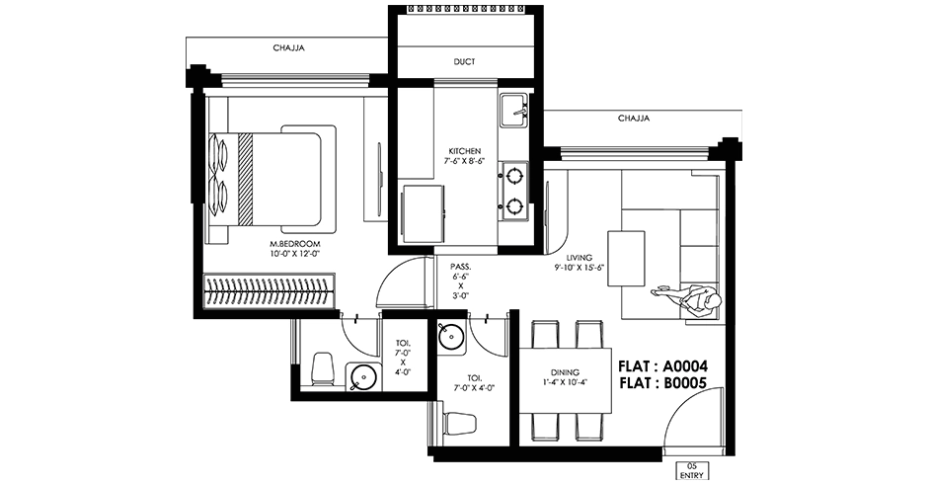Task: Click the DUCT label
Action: coord(465,61)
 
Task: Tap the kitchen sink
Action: coord(513,111)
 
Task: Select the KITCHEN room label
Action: coord(465,152)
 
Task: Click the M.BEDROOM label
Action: coord(295,244)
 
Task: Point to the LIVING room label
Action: coord(579,258)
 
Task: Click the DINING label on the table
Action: coord(565,372)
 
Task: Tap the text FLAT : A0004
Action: coord(662,366)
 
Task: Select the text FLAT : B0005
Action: coord(662,383)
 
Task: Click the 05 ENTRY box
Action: coord(692,470)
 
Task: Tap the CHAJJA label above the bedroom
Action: coord(289,48)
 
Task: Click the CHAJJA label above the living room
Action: coord(634,119)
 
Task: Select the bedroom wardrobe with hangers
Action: coord(270,290)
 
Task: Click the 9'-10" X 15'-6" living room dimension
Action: coord(579,267)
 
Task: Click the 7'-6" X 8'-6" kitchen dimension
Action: coord(465,161)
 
